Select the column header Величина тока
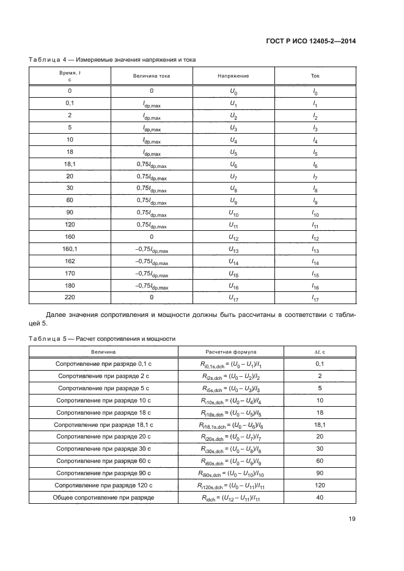(151, 76)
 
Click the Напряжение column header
(233, 76)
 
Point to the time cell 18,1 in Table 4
(70, 165)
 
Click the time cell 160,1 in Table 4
(70, 249)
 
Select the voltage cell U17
(233, 297)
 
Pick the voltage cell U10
(233, 213)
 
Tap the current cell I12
(315, 237)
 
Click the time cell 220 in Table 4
(70, 297)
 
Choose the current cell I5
(315, 153)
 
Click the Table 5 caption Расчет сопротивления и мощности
(101, 338)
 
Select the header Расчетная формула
(230, 352)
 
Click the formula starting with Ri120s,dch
(230, 485)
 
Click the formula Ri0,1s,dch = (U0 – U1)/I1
(230, 364)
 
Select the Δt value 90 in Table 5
(318, 473)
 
